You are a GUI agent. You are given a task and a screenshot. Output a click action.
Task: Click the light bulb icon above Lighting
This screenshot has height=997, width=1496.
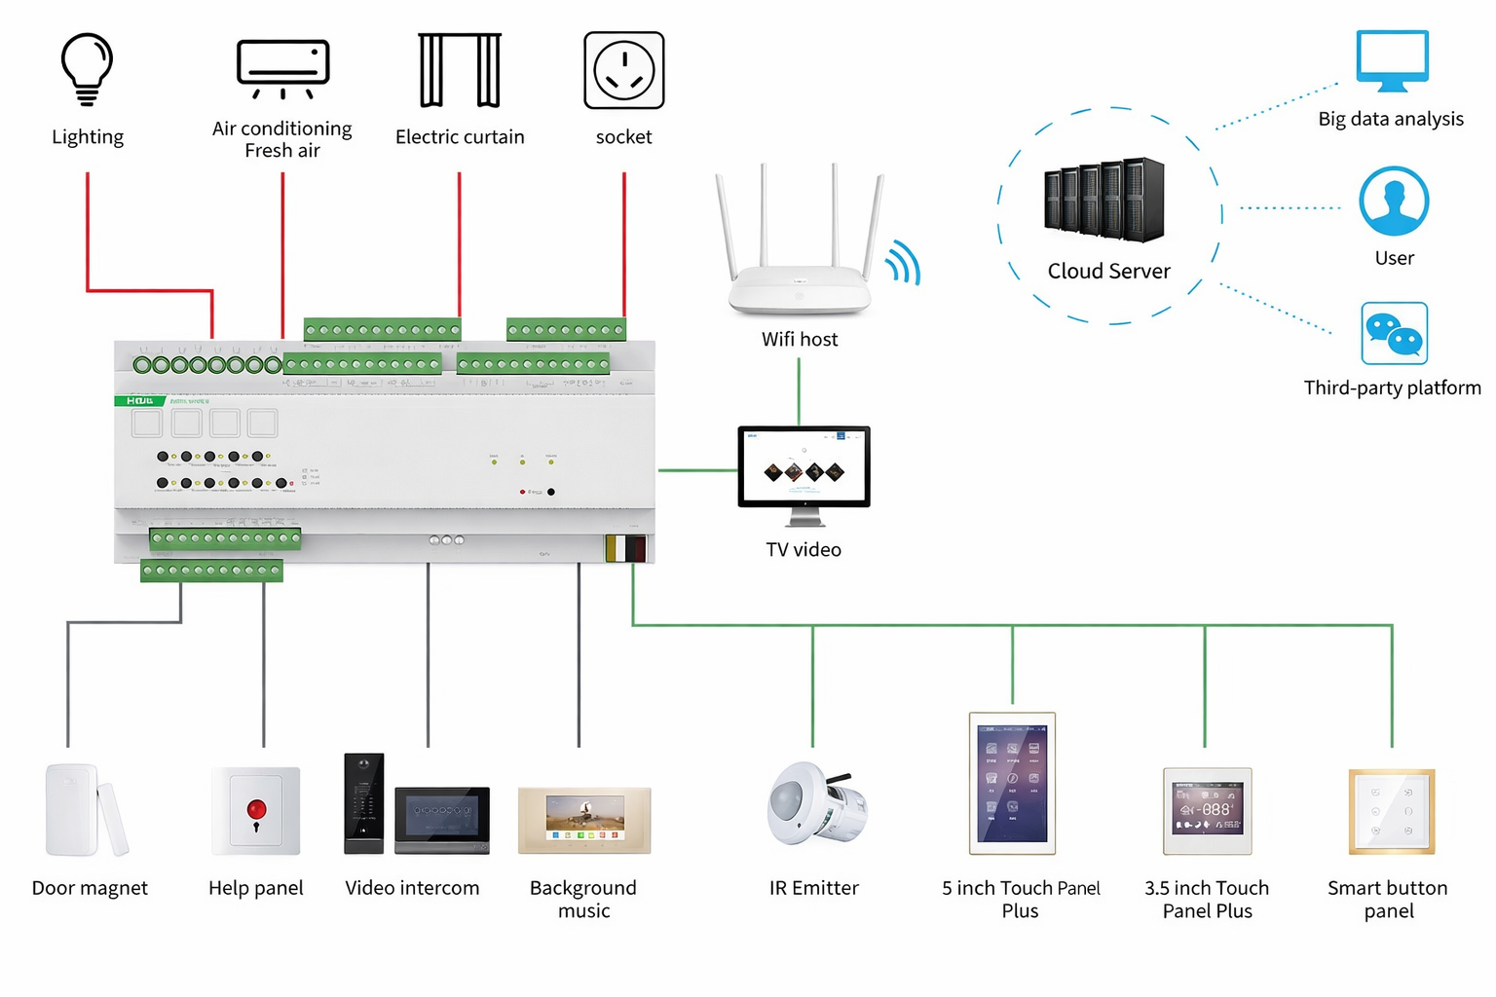[x=88, y=68]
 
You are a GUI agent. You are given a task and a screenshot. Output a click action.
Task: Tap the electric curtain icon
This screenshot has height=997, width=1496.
[x=460, y=70]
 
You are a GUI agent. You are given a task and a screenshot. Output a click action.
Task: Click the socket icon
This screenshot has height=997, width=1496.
[x=624, y=70]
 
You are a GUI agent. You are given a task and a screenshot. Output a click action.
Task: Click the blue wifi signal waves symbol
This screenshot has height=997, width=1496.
[x=904, y=263]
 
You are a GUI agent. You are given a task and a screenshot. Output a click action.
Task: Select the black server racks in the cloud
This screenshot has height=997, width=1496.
[x=1104, y=200]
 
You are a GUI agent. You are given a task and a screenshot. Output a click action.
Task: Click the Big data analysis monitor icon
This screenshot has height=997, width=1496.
[x=1392, y=60]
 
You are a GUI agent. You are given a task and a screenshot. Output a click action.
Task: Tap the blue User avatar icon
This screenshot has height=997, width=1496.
[x=1394, y=202]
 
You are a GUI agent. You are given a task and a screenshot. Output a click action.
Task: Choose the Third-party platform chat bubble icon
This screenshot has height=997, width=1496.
[x=1394, y=333]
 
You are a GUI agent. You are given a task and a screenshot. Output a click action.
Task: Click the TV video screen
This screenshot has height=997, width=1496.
[x=804, y=466]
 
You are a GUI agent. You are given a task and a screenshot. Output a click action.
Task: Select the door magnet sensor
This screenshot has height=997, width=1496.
[x=86, y=810]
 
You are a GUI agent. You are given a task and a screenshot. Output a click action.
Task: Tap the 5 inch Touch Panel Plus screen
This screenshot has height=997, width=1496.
[x=1012, y=783]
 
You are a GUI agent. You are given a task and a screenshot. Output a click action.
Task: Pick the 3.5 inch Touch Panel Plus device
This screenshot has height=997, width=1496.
[x=1207, y=810]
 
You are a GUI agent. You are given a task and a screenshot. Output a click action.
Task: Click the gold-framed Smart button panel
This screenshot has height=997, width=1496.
[x=1391, y=811]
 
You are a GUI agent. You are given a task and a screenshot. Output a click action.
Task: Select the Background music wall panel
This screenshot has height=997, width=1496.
[x=584, y=820]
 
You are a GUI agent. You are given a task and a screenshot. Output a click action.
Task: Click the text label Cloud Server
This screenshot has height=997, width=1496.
[x=1108, y=272]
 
